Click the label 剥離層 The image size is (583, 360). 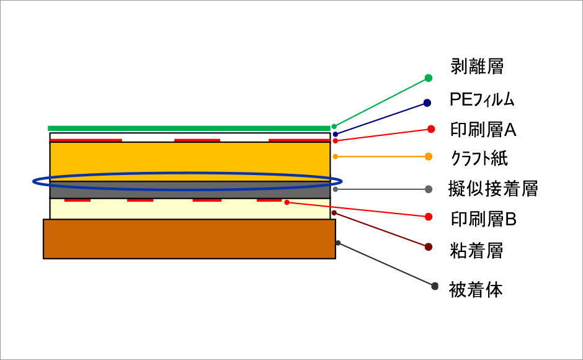coord(477,66)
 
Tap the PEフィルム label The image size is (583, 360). coord(482,99)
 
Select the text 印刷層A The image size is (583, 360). coord(483,130)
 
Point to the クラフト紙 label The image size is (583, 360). coord(479,158)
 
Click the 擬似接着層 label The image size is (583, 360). coord(493,188)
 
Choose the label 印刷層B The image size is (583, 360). coord(484,219)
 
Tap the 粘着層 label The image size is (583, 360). coord(476,250)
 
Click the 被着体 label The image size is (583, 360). coord(476,290)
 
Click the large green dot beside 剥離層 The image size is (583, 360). coord(429,78)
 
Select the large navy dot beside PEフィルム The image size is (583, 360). coord(427,103)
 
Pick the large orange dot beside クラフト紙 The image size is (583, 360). coord(429,157)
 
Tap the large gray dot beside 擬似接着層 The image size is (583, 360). coord(429,189)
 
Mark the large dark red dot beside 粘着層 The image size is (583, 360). coord(429,247)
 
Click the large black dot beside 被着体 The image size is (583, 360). coord(435,286)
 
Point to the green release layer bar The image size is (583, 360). coord(189,128)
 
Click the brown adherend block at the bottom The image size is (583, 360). coord(190,239)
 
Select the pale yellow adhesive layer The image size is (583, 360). coord(190,209)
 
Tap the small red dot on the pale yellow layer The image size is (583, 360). coord(287,202)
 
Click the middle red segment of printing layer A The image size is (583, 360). coord(197,140)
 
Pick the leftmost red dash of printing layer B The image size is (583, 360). coord(78,200)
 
